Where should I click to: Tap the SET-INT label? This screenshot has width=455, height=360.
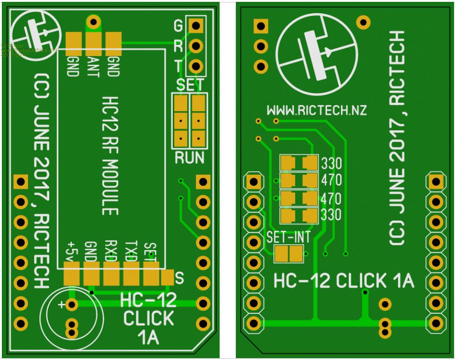click(x=288, y=237)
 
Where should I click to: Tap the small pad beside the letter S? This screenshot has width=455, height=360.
click(x=167, y=278)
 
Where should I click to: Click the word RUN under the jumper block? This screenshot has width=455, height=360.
click(x=189, y=158)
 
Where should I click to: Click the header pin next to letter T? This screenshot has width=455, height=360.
click(x=196, y=66)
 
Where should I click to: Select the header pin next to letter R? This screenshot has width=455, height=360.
click(x=196, y=45)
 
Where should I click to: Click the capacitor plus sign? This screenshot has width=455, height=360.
click(x=61, y=304)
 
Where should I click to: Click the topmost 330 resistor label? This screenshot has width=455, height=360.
click(x=331, y=164)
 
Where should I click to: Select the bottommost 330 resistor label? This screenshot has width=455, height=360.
click(x=331, y=215)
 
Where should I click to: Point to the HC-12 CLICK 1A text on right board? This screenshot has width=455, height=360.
click(x=343, y=281)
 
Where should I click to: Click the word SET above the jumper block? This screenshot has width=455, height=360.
click(x=190, y=85)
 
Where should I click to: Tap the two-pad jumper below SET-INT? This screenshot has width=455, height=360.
click(x=288, y=253)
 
